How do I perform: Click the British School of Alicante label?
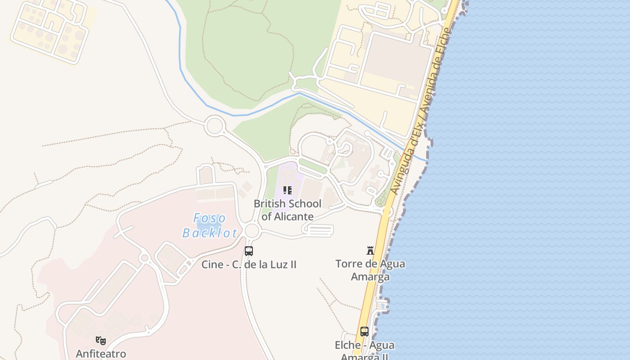pyautogui.click(x=288, y=210)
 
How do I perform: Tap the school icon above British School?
pyautogui.click(x=288, y=190)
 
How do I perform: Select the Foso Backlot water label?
pyautogui.click(x=210, y=225)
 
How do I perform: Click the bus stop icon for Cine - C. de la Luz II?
pyautogui.click(x=249, y=251)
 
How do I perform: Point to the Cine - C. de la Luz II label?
pyautogui.click(x=249, y=264)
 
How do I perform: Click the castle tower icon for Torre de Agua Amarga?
pyautogui.click(x=370, y=251)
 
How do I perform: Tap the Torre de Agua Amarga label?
pyautogui.click(x=370, y=270)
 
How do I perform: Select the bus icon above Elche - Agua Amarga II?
pyautogui.click(x=364, y=332)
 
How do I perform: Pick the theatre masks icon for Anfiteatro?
pyautogui.click(x=101, y=340)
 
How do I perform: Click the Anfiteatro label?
pyautogui.click(x=101, y=354)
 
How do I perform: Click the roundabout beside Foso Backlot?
pyautogui.click(x=252, y=231)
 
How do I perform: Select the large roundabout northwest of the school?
pyautogui.click(x=214, y=126)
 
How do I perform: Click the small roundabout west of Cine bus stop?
pyautogui.click(x=144, y=258)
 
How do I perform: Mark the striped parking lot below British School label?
pyautogui.click(x=320, y=230)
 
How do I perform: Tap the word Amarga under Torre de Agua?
pyautogui.click(x=370, y=277)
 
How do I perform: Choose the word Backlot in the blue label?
pyautogui.click(x=210, y=233)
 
